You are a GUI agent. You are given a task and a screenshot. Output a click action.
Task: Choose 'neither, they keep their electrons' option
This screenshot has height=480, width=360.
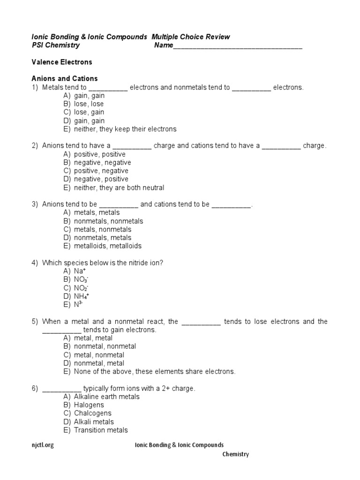pos(125,129)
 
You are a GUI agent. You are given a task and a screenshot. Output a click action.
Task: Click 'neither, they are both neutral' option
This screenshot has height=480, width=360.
pos(119,187)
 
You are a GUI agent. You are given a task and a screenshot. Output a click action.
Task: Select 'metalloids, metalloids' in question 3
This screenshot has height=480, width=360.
pos(107,246)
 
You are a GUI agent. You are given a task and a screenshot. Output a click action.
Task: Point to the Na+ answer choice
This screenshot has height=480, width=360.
pos(80,271)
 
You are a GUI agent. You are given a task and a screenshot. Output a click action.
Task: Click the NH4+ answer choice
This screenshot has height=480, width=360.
pos(82,296)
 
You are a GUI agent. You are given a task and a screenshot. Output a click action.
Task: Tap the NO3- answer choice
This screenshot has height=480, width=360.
pos(81,279)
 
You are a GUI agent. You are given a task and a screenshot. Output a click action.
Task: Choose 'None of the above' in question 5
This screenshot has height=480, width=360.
pos(154,372)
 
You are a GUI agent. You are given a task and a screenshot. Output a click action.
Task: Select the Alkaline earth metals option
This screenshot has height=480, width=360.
pos(106,397)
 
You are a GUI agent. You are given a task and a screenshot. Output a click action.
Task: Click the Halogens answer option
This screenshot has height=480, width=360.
pos(89,405)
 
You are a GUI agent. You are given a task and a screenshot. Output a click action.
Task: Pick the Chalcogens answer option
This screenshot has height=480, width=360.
pos(92,413)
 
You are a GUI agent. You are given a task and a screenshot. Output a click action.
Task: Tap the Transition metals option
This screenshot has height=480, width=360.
pos(100,430)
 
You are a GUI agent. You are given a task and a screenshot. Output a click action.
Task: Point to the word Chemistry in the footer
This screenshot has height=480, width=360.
pos(235,454)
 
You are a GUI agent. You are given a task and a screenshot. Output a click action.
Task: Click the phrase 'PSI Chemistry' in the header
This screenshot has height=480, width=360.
pos(55,45)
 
